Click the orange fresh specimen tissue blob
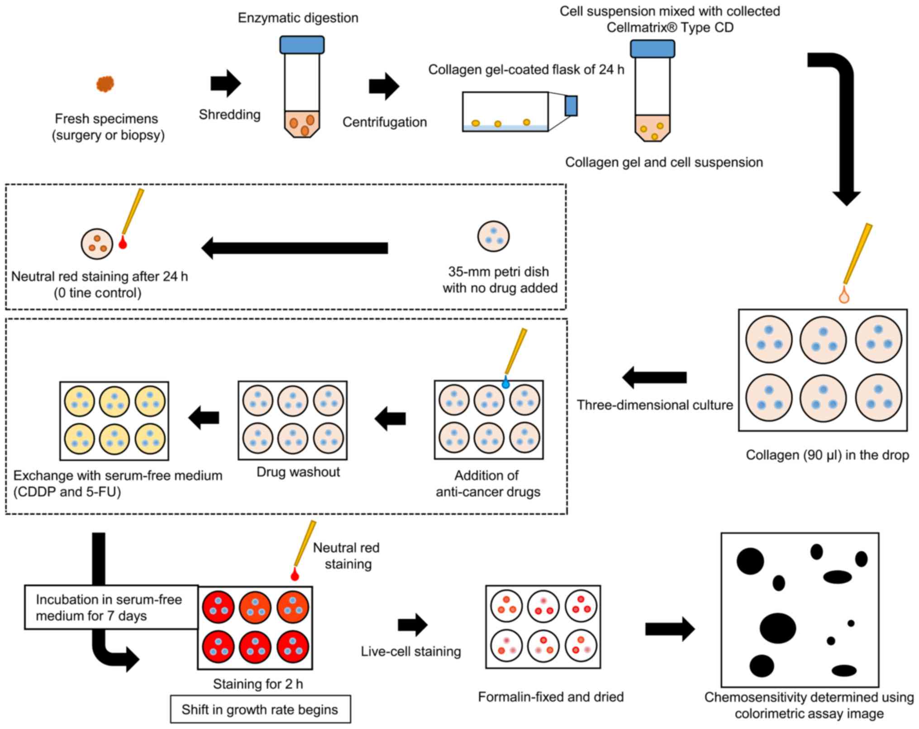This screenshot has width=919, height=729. coord(105,84)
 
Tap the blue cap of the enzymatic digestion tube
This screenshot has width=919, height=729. coord(302,45)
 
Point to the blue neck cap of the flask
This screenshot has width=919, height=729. coord(571,106)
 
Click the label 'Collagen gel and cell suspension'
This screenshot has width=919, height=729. coord(664,162)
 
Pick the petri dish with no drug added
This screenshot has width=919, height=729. coord(493,236)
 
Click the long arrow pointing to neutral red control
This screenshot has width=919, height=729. coord(295,248)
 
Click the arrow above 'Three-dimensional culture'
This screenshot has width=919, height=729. coord(654,377)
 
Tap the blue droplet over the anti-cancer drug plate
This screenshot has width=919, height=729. coord(506,384)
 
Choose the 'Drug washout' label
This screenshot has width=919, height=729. coord(298,472)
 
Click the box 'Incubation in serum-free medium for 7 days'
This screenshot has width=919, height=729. coord(111,607)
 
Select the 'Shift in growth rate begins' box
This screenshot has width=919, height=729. coord(260,710)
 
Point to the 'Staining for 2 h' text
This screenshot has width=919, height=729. coord(258,684)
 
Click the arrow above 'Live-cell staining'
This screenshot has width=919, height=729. coord(412,625)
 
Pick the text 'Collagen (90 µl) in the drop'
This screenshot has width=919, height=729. coord(827,455)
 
